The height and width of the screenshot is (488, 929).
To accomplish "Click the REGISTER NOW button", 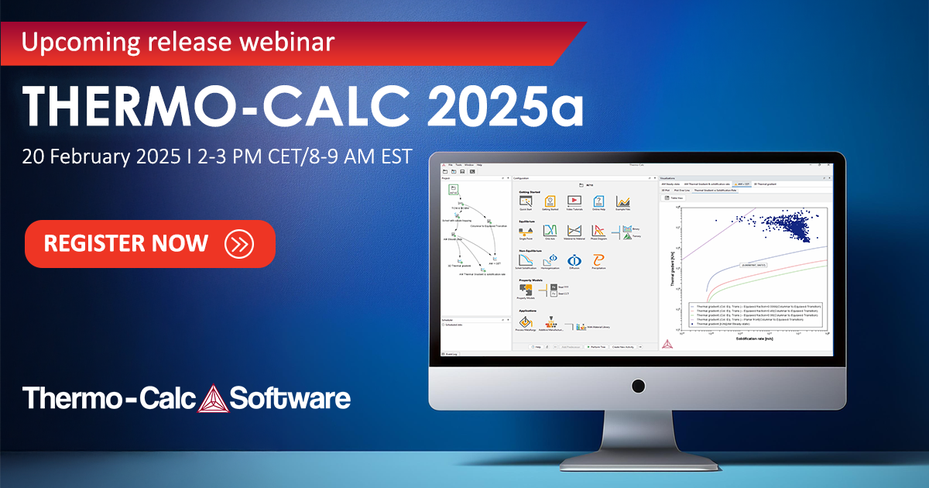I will click(150, 243).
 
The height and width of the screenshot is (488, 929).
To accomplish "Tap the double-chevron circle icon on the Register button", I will click(238, 243).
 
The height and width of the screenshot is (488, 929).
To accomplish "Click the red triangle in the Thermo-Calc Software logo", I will click(211, 399).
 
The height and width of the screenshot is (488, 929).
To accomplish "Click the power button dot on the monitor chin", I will click(637, 385).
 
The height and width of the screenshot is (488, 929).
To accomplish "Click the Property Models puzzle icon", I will click(526, 290).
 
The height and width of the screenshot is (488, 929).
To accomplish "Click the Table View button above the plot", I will click(676, 198).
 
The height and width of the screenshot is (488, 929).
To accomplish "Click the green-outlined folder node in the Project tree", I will click(454, 191).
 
